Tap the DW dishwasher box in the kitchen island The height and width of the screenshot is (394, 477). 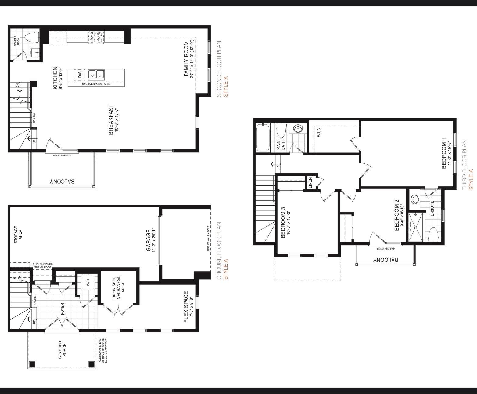point(80,75)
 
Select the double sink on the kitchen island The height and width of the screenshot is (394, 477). point(96,75)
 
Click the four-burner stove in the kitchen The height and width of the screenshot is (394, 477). point(96,38)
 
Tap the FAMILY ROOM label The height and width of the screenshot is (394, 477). point(186,59)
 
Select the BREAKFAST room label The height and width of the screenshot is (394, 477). point(111,120)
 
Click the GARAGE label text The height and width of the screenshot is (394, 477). point(149,240)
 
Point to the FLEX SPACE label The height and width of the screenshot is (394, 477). point(186,307)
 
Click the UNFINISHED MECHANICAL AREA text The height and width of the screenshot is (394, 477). point(118,288)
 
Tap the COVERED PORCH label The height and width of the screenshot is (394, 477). point(62,350)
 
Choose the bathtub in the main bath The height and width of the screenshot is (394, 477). point(263,137)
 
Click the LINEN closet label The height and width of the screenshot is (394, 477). point(310,183)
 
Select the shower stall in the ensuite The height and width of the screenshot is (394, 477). point(416,227)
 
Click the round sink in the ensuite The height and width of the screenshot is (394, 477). point(415,199)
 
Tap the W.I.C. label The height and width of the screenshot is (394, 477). point(319,132)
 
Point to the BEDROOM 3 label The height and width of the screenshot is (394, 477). point(283,222)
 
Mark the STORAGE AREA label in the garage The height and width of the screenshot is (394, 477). point(18,235)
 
